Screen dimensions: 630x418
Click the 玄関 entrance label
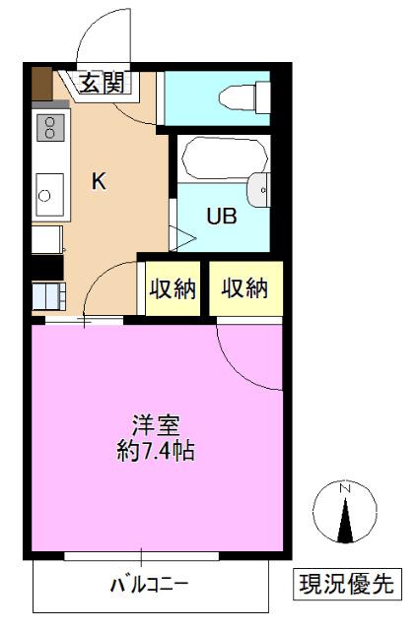[x=102, y=84]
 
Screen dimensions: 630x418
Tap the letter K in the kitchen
[x=99, y=181]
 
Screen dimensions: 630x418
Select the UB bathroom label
[x=220, y=217]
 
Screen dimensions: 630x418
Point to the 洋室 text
[x=156, y=426]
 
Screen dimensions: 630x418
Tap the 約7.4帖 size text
[x=156, y=452]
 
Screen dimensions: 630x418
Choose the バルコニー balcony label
[x=149, y=585]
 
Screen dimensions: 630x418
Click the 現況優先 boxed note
[x=346, y=584]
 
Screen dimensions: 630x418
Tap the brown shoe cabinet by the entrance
[x=40, y=85]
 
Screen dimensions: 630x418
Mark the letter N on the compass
[x=345, y=489]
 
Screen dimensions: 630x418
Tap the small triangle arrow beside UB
[x=180, y=236]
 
